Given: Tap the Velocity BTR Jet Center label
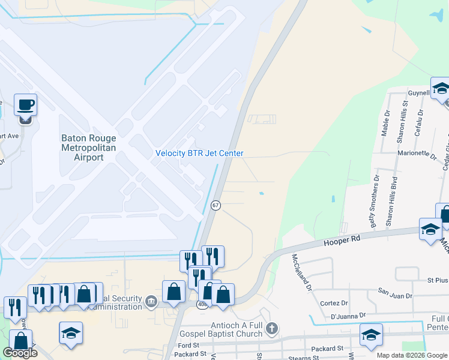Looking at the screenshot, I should point(199,153).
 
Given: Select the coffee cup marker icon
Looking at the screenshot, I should point(25,106).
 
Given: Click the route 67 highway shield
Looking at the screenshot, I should point(216,205).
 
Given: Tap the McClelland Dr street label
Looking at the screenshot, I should point(301,272).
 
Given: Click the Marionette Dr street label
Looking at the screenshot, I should point(417,154).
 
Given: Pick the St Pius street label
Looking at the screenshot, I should point(438,280).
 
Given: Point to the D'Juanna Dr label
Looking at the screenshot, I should point(348,316).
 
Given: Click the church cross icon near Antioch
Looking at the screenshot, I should point(272,328).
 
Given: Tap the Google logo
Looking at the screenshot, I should point(20,353).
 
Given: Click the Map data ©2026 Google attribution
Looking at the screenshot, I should point(411,355).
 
